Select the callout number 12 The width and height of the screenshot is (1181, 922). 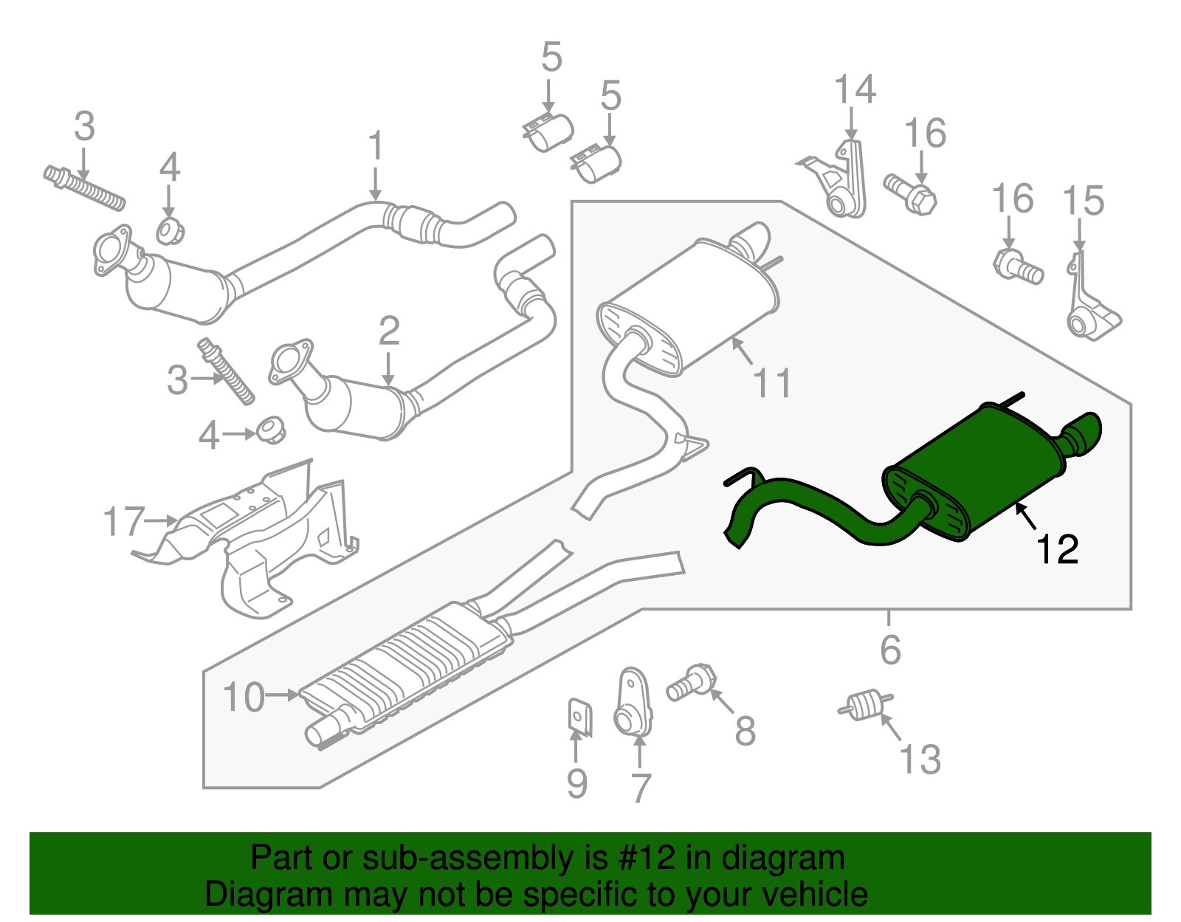tap(1056, 550)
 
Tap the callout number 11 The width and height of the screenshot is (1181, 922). tap(772, 383)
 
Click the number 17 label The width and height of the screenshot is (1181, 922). tap(124, 521)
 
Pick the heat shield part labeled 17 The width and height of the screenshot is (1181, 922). tap(244, 538)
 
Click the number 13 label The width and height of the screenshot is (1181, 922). tap(920, 759)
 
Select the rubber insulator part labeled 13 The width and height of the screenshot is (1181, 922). tap(865, 705)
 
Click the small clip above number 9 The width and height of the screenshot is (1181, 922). tap(580, 718)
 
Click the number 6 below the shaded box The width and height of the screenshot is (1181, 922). tap(890, 650)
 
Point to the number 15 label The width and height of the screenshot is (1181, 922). tap(1083, 200)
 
